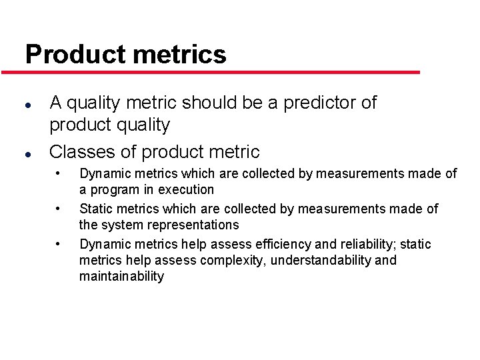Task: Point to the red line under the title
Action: pos(220,72)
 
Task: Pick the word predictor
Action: pos(321,103)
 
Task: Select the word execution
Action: pos(185,189)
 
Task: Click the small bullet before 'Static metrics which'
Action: pos(59,209)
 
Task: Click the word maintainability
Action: pos(121,276)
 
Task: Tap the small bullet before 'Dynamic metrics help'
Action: pos(59,244)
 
